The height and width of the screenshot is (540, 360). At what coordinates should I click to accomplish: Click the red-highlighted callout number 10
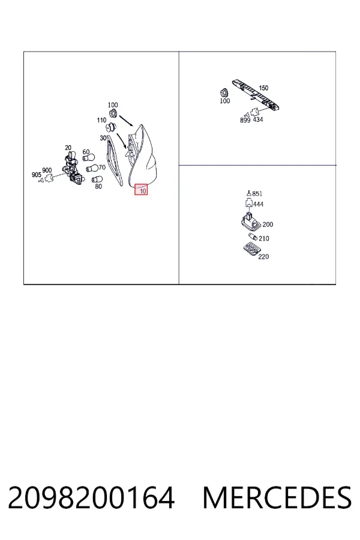pos(143,190)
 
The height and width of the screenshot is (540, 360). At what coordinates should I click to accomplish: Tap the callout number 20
pos(68,148)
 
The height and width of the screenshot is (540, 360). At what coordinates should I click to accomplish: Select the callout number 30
pos(103,138)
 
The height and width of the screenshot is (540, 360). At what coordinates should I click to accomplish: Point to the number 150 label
pos(263,88)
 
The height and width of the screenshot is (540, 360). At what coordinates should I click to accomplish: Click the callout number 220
pos(263,257)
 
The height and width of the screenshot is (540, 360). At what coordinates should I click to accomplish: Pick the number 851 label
pos(257,194)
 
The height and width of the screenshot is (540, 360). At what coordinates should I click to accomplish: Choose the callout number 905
pos(37,175)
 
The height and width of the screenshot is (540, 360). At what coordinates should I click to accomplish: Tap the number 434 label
pos(258,119)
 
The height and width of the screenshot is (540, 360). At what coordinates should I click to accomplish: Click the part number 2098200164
pos(91,498)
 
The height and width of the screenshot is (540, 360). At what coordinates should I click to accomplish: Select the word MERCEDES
pos(277,498)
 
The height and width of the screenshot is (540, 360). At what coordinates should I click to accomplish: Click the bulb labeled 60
pos(89,158)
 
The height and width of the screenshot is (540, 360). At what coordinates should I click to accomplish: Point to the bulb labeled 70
pos(92,169)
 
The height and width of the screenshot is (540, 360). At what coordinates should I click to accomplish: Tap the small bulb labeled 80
pos(95,179)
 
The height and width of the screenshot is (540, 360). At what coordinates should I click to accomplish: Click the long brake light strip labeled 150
pos(255,94)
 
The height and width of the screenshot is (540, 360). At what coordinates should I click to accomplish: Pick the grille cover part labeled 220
pos(251,250)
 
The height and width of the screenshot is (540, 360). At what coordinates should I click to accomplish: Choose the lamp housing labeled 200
pos(250,222)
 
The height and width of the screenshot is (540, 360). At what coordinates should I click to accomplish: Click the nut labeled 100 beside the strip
pos(224,92)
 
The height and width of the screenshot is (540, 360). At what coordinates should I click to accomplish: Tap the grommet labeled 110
pos(111,127)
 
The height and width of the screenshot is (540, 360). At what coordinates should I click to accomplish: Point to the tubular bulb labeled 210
pos(253,237)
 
